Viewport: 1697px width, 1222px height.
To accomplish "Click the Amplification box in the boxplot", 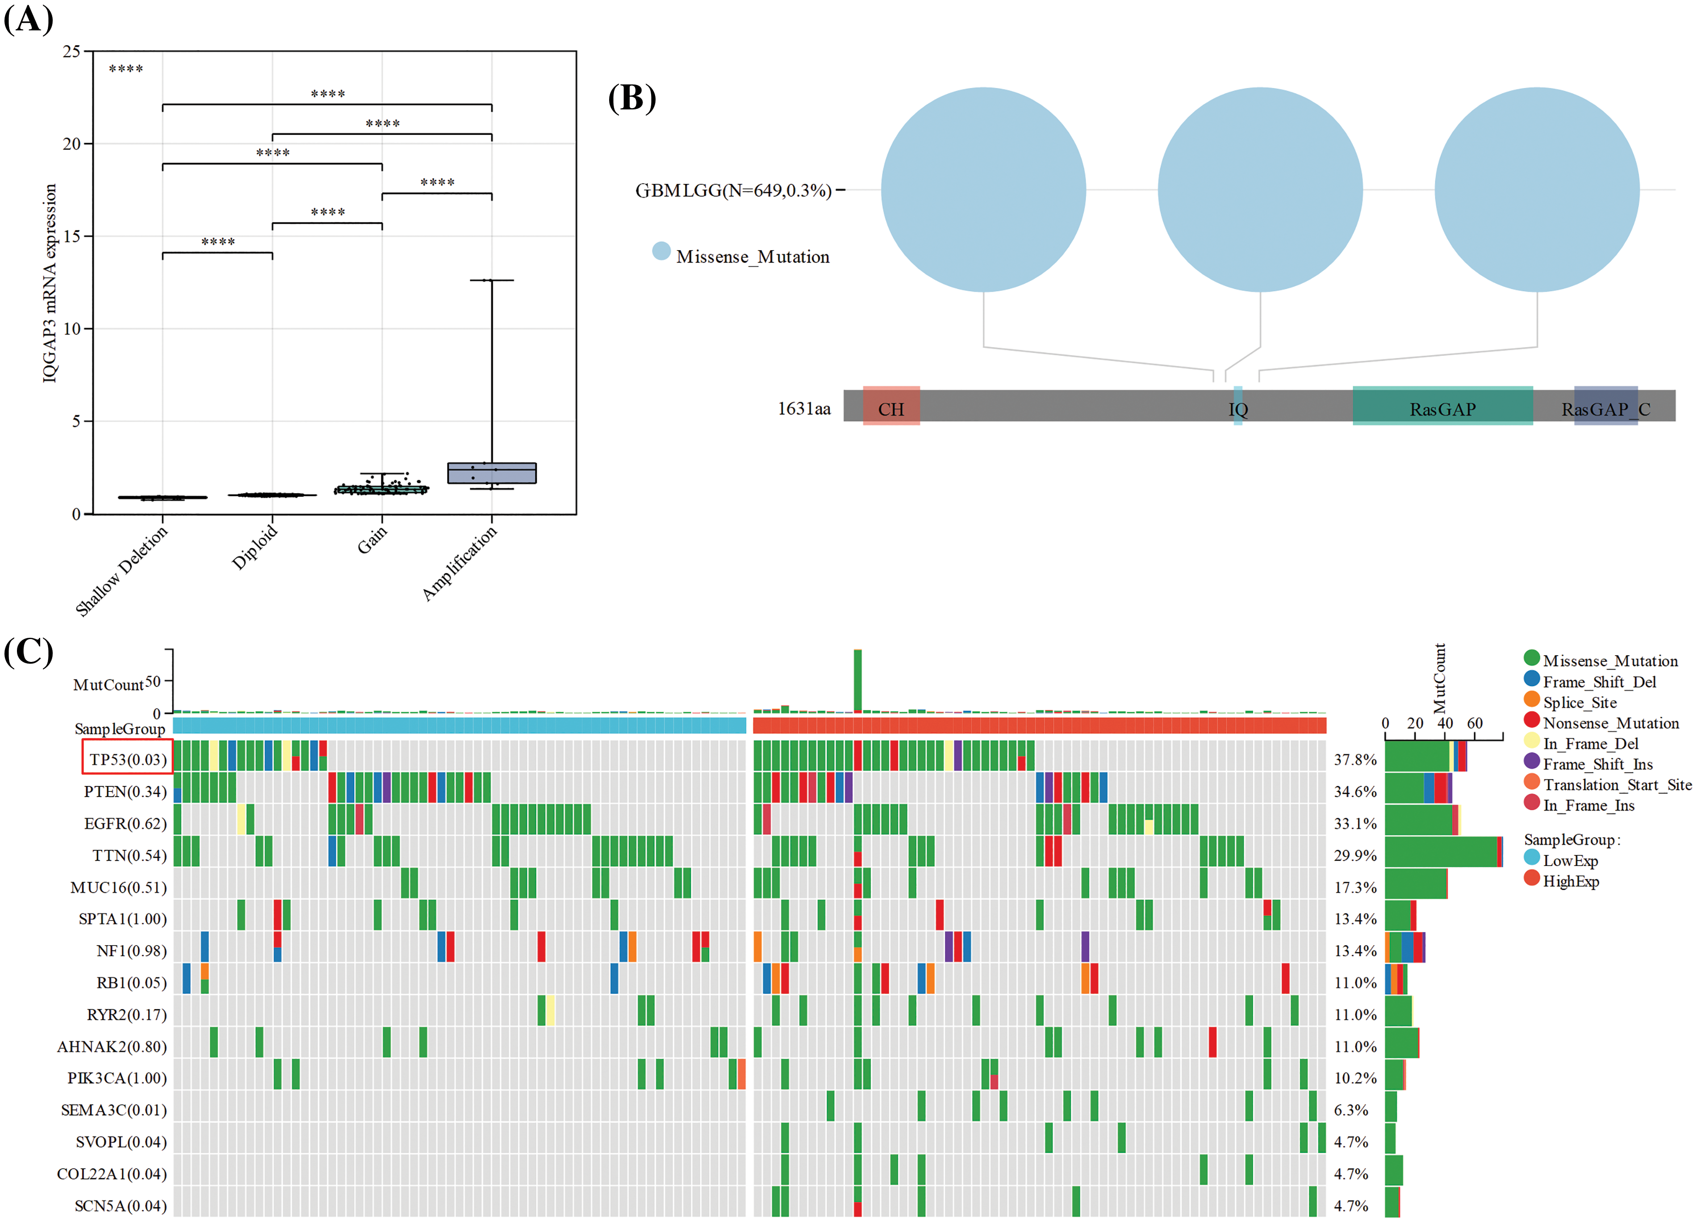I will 492,473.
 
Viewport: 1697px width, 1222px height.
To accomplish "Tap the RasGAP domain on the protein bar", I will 1442,409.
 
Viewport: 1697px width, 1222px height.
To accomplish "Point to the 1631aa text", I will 803,409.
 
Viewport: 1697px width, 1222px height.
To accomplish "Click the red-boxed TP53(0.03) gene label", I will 127,760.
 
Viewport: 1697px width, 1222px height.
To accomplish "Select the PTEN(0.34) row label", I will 125,792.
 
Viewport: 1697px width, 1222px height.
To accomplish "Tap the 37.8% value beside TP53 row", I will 1355,760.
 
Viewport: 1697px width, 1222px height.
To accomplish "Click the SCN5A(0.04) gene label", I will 121,1205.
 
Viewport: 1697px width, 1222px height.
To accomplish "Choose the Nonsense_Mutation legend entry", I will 1610,723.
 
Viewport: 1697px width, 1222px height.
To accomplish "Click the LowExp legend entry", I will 1570,861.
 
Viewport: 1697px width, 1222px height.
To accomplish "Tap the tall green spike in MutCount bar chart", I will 857,679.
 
